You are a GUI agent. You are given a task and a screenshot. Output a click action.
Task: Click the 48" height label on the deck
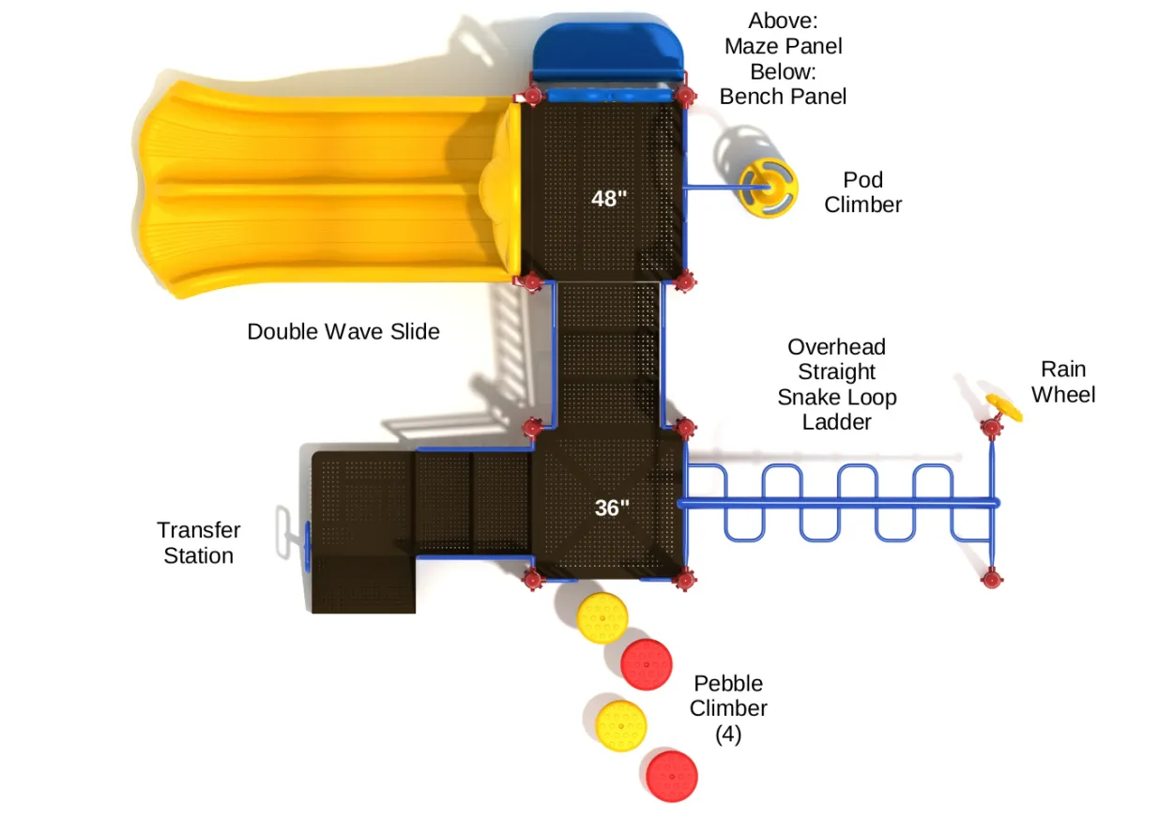609,199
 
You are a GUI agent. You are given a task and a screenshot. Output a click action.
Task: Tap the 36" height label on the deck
612,507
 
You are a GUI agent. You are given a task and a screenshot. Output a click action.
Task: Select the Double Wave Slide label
343,331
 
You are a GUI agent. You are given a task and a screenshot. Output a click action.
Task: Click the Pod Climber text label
862,192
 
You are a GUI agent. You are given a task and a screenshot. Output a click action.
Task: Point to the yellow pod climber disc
767,188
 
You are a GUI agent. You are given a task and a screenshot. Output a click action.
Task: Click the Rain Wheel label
1063,382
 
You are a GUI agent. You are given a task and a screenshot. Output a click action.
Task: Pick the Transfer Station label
199,543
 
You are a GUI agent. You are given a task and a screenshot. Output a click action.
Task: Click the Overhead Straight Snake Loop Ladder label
836,385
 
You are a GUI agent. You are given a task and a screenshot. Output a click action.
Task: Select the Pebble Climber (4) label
728,708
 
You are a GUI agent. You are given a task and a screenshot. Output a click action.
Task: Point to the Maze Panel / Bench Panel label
783,58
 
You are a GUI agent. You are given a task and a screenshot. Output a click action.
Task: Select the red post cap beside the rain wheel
991,429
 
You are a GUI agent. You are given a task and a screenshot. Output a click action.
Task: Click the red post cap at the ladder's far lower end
992,576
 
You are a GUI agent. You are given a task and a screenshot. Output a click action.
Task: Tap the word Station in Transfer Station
199,555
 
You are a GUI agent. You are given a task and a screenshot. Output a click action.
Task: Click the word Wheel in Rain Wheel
1063,395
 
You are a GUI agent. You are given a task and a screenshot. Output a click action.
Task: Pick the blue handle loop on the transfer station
282,535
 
